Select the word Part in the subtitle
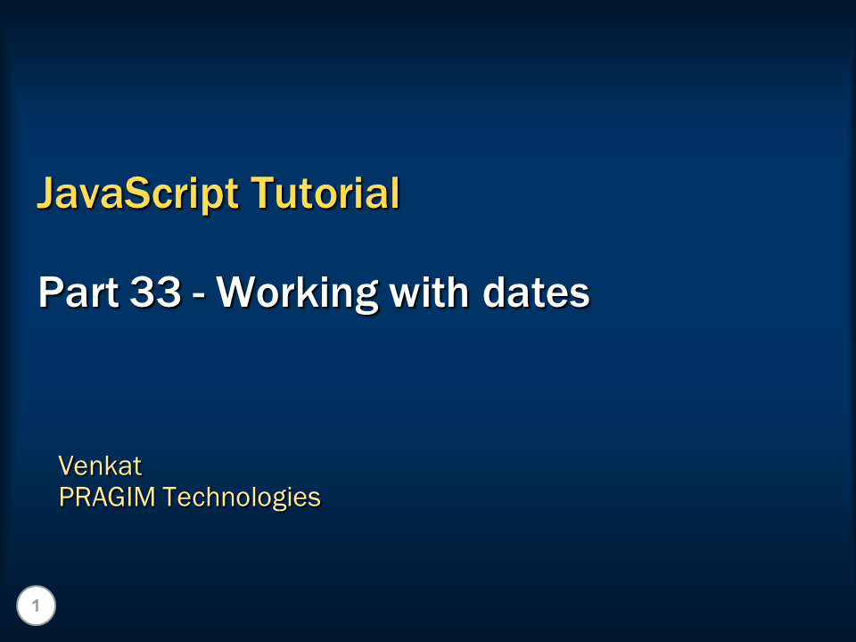73,292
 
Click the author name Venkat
100,465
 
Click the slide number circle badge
36,606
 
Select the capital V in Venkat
66,465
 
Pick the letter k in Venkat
111,465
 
